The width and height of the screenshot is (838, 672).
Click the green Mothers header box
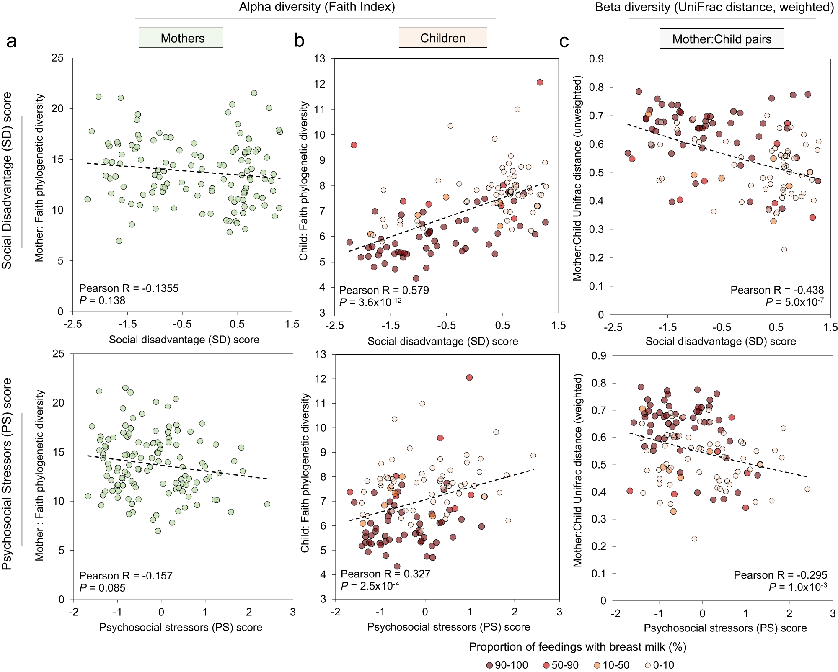point(181,38)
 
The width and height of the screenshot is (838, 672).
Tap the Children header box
point(442,38)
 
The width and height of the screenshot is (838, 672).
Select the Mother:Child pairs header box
point(722,39)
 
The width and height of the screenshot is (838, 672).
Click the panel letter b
point(299,41)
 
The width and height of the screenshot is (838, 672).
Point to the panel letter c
point(564,41)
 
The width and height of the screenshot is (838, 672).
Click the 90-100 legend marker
point(489,665)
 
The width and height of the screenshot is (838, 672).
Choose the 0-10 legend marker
point(647,665)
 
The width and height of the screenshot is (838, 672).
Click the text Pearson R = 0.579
point(384,290)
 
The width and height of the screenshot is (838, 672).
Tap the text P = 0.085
point(102,587)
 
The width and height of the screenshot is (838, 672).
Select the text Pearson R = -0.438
point(777,290)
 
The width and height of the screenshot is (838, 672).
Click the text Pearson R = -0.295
point(780,575)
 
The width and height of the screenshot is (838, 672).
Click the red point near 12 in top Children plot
point(540,82)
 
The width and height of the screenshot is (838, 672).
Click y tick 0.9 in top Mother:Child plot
point(596,59)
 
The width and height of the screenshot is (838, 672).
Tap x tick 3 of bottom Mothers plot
point(292,612)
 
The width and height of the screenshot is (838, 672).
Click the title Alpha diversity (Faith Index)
point(317,7)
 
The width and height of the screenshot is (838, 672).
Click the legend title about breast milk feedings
point(577,647)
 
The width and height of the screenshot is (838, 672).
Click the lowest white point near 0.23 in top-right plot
point(784,250)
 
